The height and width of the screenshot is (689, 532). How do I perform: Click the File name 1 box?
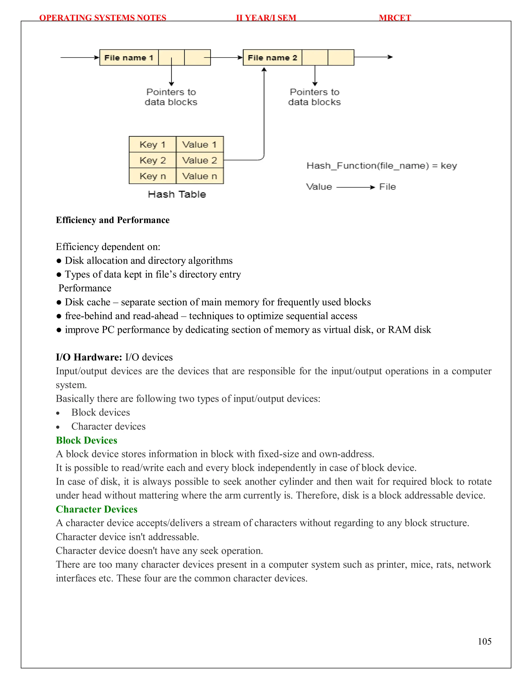tap(129, 58)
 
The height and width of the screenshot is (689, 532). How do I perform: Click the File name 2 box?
tap(272, 58)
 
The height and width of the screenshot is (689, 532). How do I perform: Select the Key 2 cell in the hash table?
tap(152, 160)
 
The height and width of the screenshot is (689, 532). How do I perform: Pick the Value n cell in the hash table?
tap(200, 176)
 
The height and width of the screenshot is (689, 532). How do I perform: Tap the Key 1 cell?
tap(152, 145)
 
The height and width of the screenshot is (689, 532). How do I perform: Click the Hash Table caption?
tap(177, 194)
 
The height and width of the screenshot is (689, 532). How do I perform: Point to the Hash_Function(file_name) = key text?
tap(382, 166)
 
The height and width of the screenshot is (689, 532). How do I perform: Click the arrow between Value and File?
tap(356, 187)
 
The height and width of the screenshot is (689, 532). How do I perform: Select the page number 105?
tap(484, 641)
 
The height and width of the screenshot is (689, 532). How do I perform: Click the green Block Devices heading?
tap(87, 440)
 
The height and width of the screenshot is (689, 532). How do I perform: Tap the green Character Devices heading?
tap(97, 509)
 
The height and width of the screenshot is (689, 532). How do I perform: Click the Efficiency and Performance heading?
tap(112, 220)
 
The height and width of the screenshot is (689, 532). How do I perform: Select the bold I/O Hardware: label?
tap(89, 357)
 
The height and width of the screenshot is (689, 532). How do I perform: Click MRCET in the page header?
tap(395, 18)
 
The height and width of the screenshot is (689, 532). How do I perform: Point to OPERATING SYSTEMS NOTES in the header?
tap(103, 18)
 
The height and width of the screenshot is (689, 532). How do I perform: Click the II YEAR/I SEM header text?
tap(266, 18)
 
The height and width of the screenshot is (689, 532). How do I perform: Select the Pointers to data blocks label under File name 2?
tap(315, 97)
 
